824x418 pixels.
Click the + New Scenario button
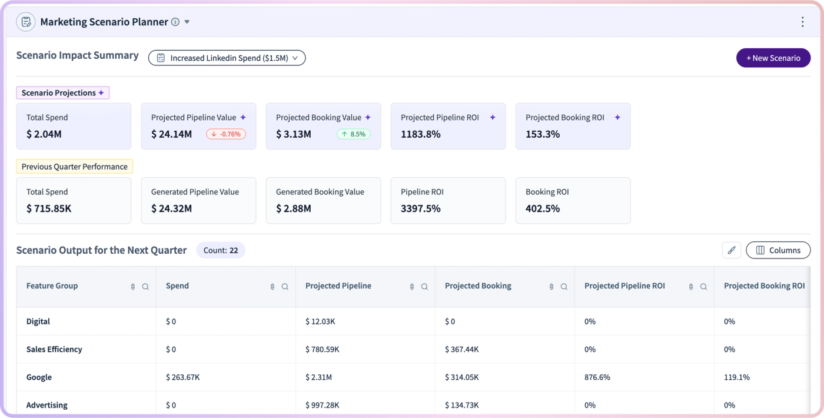coord(773,58)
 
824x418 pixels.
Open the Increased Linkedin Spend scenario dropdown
coord(227,58)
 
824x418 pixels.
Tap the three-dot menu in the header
coord(803,22)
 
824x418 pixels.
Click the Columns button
coord(778,250)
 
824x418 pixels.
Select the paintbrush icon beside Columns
coord(731,250)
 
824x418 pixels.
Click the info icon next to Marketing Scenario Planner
coord(175,22)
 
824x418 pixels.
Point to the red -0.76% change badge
coord(226,134)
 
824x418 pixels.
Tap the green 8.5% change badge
coord(354,134)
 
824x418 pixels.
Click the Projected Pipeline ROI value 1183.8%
coord(420,134)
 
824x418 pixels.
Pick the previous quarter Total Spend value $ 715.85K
coord(49,208)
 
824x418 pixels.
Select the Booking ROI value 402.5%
coord(543,208)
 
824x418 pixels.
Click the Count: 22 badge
coord(221,250)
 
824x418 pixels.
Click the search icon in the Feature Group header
coord(145,287)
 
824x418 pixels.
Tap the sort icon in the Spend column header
coord(272,287)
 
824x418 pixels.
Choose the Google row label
coord(39,377)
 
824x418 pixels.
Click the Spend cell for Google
coord(183,377)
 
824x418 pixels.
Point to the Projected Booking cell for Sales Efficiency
coord(461,349)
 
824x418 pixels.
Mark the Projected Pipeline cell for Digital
coord(320,321)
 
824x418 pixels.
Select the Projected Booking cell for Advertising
coord(461,405)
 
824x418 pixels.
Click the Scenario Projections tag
coord(62,93)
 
